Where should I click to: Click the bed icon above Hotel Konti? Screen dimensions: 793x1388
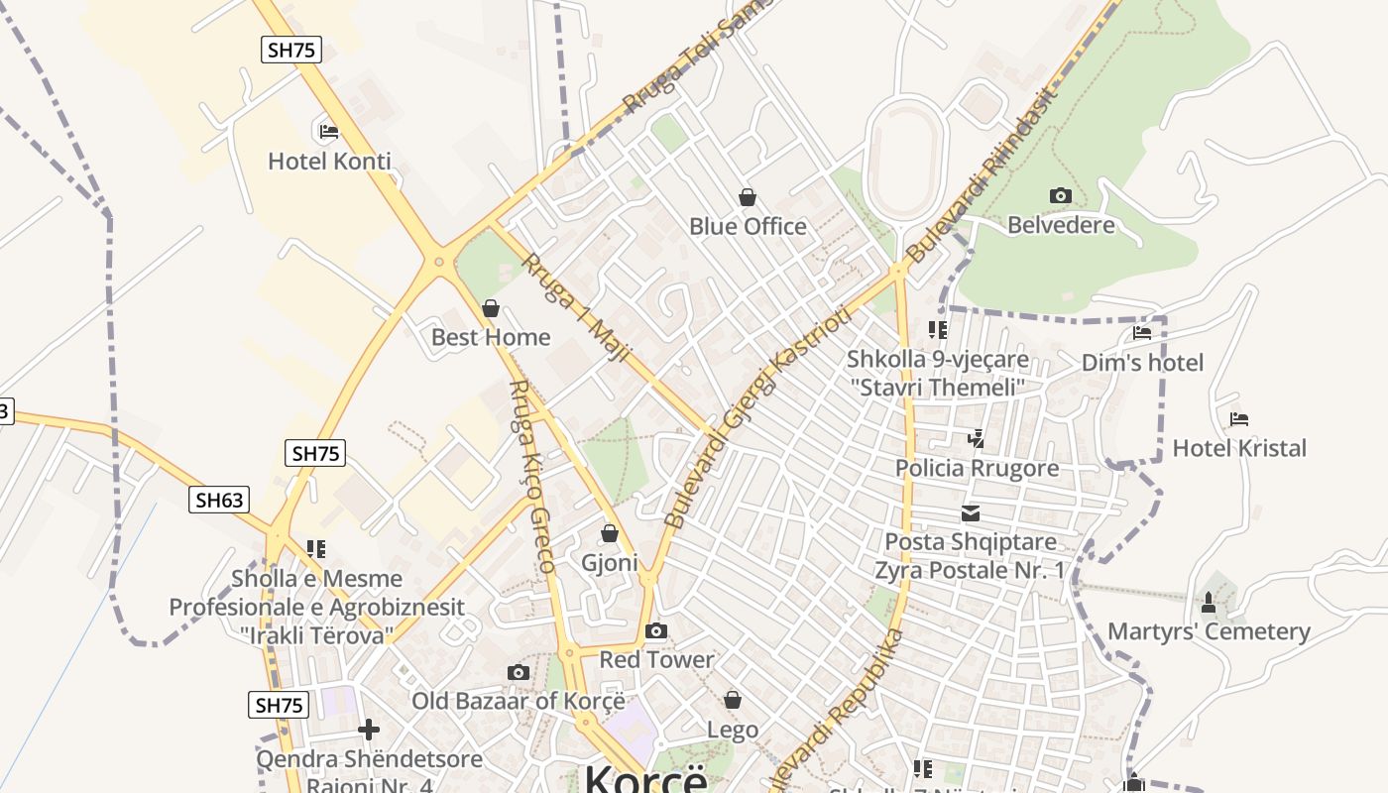pos(329,131)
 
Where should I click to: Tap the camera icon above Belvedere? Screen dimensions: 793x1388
pos(1060,195)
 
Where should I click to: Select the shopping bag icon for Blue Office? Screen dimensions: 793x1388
pos(748,198)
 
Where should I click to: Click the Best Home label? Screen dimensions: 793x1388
pos(491,337)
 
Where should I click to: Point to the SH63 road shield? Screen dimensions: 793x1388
pos(219,500)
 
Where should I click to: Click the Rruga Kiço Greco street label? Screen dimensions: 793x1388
pos(531,476)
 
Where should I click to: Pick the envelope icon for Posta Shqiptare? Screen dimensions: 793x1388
pos(970,513)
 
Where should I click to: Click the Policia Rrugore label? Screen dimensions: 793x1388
pos(977,468)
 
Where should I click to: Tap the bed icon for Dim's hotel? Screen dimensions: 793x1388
pos(1142,333)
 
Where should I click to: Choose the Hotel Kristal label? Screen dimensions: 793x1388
pos(1239,448)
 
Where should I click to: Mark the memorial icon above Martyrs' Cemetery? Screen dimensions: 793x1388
pos(1208,602)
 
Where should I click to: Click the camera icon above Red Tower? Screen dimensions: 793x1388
pos(655,631)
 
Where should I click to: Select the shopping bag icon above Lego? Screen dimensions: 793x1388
pos(733,701)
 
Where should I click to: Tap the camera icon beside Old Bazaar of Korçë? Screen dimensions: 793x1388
pos(518,673)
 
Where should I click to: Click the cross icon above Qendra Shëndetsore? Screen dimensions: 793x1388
pos(369,731)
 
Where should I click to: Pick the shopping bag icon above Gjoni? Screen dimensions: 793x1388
pos(610,534)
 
